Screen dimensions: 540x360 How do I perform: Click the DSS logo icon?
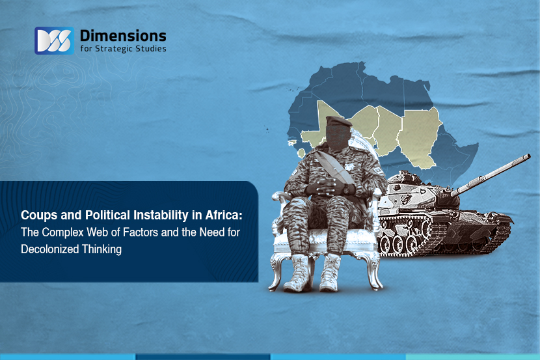pyautogui.click(x=54, y=40)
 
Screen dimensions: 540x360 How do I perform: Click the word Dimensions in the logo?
pyautogui.click(x=123, y=36)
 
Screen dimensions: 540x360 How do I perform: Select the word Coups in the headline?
pyautogui.click(x=39, y=215)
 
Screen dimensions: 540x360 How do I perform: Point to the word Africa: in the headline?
pyautogui.click(x=224, y=215)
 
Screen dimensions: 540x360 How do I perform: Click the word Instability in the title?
pyautogui.click(x=161, y=215)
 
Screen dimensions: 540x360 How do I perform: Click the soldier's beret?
pyautogui.click(x=338, y=121)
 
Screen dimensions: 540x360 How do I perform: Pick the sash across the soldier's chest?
pyautogui.click(x=333, y=168)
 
